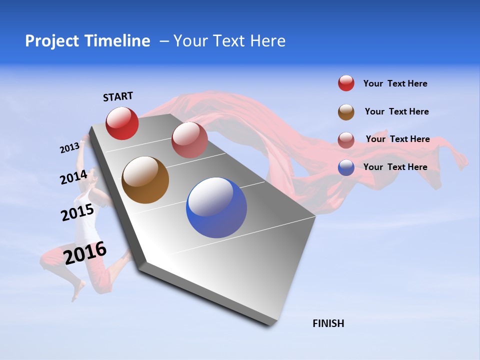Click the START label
(118, 96)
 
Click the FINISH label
(328, 323)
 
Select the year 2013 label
(69, 148)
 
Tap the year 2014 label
(73, 177)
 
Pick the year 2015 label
(77, 212)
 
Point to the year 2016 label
(85, 253)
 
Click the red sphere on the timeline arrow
(122, 123)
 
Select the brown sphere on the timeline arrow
(145, 180)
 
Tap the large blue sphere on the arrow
(216, 207)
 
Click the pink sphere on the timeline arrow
(189, 140)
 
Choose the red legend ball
(346, 83)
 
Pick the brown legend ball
(346, 112)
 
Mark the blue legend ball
(346, 167)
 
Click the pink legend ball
(346, 139)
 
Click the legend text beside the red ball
(395, 83)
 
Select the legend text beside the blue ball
(395, 167)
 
